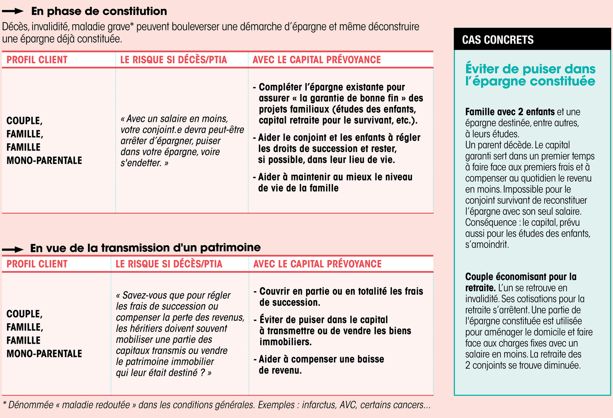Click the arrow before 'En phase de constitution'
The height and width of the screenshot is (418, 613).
point(13,11)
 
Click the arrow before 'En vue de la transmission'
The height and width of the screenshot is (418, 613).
point(13,249)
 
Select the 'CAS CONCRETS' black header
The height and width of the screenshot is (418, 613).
point(498,40)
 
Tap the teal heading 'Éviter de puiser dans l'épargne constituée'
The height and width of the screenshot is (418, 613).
point(530,75)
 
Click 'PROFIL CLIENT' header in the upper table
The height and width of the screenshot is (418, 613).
point(37,60)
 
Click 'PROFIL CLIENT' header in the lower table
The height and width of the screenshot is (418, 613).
point(37,264)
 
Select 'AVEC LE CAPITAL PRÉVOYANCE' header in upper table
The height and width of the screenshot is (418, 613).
point(316,60)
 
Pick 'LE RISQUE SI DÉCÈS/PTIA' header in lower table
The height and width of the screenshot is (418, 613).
point(169,264)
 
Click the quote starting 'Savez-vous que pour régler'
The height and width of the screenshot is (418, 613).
point(180,334)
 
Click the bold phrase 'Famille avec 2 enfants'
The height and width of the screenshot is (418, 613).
point(510,112)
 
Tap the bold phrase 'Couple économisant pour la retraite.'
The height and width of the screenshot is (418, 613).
point(520,282)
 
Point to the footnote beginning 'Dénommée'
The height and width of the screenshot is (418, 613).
point(216,405)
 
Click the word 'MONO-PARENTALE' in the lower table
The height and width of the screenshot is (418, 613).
point(44,354)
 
